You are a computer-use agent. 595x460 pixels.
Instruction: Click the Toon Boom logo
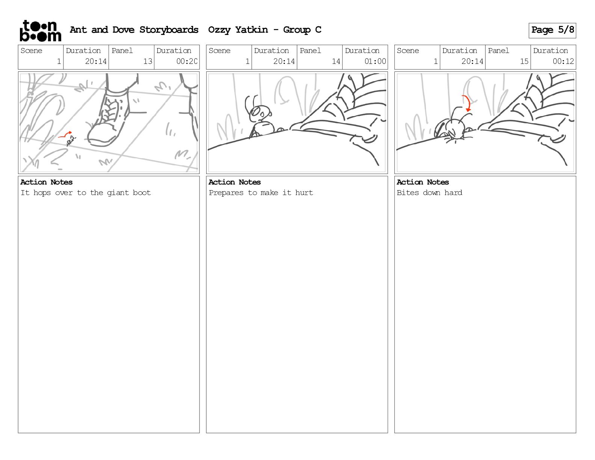pos(41,31)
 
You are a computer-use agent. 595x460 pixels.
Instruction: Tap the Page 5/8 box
pos(552,30)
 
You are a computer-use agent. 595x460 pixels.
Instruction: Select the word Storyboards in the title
pos(169,30)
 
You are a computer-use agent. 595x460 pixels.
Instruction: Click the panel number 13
pos(148,61)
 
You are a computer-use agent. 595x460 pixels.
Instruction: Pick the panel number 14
pos(336,61)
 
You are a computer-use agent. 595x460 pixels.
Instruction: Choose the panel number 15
pos(524,61)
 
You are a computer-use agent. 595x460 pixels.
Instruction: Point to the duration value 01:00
pos(375,61)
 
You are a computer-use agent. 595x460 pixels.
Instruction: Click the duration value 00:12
pos(563,61)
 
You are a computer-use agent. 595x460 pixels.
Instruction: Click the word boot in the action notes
pos(142,192)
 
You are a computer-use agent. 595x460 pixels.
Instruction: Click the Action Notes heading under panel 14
pos(234,182)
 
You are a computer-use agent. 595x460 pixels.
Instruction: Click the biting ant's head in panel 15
pos(456,129)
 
